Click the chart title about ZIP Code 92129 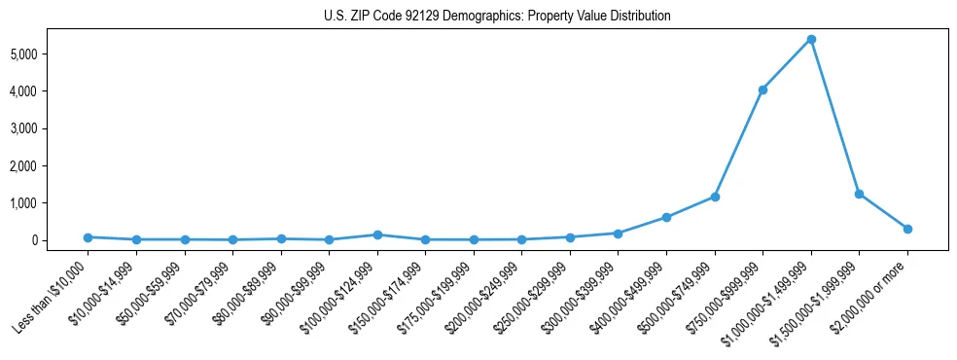point(497,16)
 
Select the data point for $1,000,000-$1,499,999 point(811,39)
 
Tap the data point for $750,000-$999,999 point(762,90)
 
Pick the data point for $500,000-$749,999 point(715,197)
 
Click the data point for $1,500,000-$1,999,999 point(859,194)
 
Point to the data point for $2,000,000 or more point(907,229)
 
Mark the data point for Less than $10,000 point(88,237)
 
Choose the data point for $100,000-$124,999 point(377,234)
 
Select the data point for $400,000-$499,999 point(666,217)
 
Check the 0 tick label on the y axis point(59,240)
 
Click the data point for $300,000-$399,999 point(619,234)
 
